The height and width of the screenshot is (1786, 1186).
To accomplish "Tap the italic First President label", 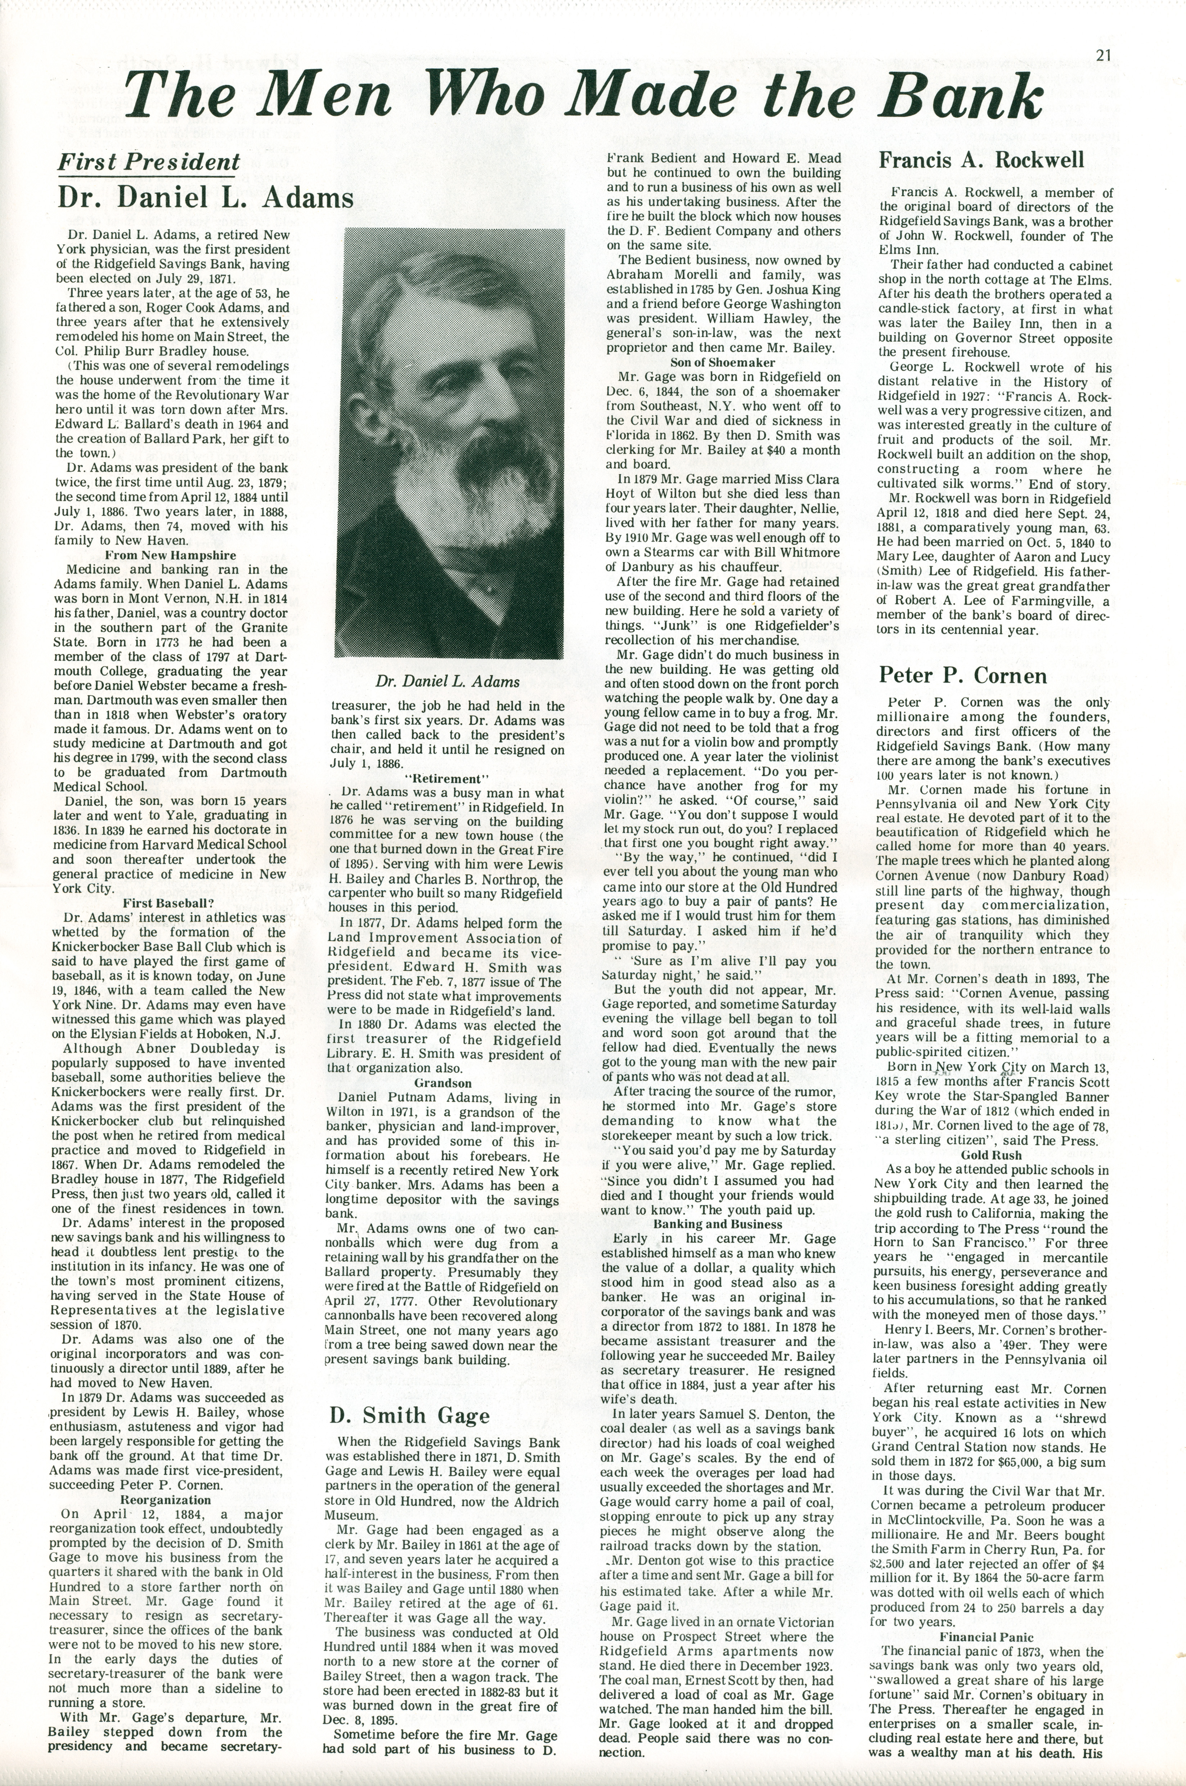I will coord(149,162).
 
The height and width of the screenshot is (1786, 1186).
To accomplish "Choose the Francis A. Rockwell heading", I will coord(981,160).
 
